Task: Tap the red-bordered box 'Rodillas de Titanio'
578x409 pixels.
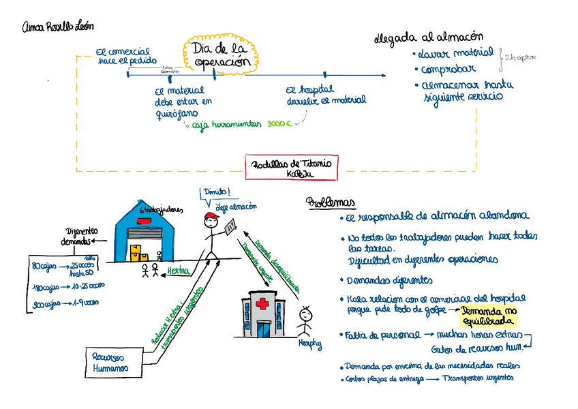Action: (291, 168)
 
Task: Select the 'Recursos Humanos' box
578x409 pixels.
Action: (110, 362)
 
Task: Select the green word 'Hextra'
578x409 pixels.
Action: (178, 271)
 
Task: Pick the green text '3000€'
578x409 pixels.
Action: (279, 125)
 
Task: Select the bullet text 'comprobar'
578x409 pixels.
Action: (448, 70)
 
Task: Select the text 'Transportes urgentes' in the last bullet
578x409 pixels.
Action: (477, 378)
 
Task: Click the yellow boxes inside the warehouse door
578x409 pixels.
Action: (139, 255)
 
